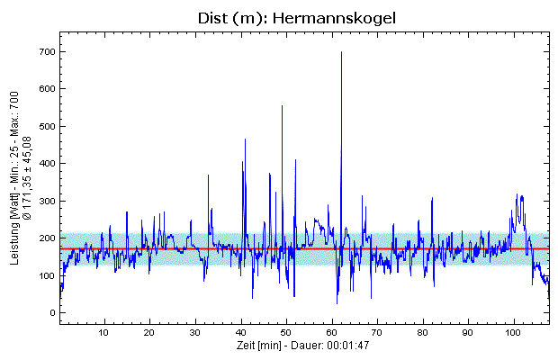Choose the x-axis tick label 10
tap(104, 333)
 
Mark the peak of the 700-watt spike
tap(341, 52)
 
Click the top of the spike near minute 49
tap(282, 106)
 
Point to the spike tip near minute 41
tap(245, 139)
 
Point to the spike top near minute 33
tap(208, 175)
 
